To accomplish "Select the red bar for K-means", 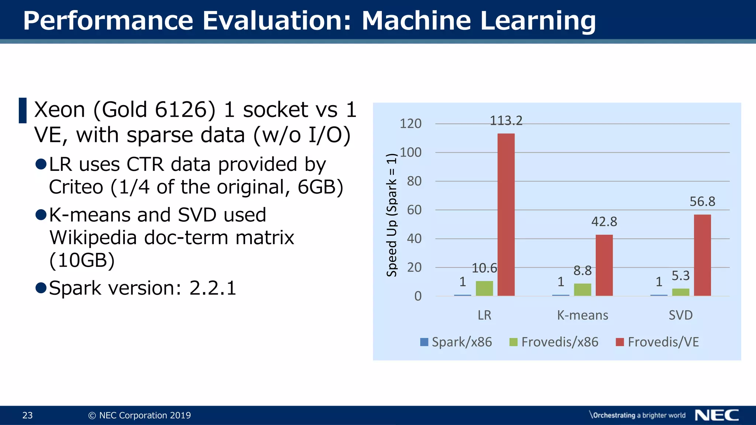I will coord(604,265).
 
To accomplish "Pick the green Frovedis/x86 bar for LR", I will coord(484,288).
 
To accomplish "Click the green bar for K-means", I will coord(582,290).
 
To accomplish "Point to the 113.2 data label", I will coord(506,121).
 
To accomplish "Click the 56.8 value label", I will coord(702,201).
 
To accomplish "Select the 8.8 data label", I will coord(582,271).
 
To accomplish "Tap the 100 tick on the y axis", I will coord(410,152).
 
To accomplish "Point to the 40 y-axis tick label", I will coord(414,239).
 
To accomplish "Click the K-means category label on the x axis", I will coord(582,315).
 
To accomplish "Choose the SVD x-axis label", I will coord(680,315).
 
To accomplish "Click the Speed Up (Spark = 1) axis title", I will coord(392,215).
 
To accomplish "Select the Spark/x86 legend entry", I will coord(456,342).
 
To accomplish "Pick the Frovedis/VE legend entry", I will coord(657,342).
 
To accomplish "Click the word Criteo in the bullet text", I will coord(76,187).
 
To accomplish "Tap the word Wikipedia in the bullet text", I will coord(93,238).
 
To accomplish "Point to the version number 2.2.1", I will coord(213,288).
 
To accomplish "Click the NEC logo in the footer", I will coord(717,415).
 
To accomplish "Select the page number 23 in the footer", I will coord(27,415).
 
